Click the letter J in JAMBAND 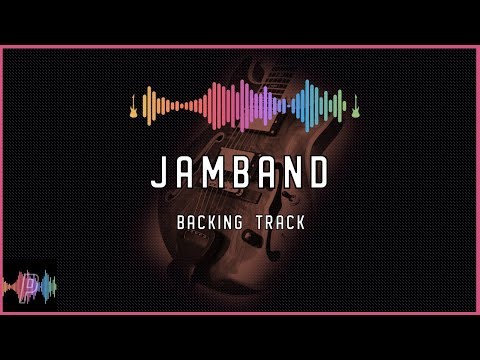(x=158, y=173)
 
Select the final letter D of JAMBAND (x=318, y=173)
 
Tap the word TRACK (x=281, y=222)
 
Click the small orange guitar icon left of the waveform (x=133, y=104)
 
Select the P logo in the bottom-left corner (x=29, y=286)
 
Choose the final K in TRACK (x=302, y=222)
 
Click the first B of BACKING (x=180, y=222)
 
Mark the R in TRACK (x=270, y=222)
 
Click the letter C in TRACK (x=291, y=222)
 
